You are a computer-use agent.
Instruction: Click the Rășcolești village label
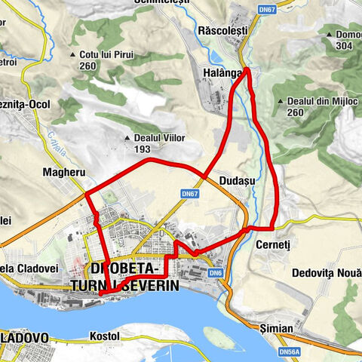tap(239, 33)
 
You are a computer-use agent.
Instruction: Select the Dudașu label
tap(235, 182)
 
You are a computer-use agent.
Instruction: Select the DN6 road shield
tap(216, 273)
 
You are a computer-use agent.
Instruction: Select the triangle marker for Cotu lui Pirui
tap(72, 54)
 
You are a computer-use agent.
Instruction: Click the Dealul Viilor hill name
tap(159, 138)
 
